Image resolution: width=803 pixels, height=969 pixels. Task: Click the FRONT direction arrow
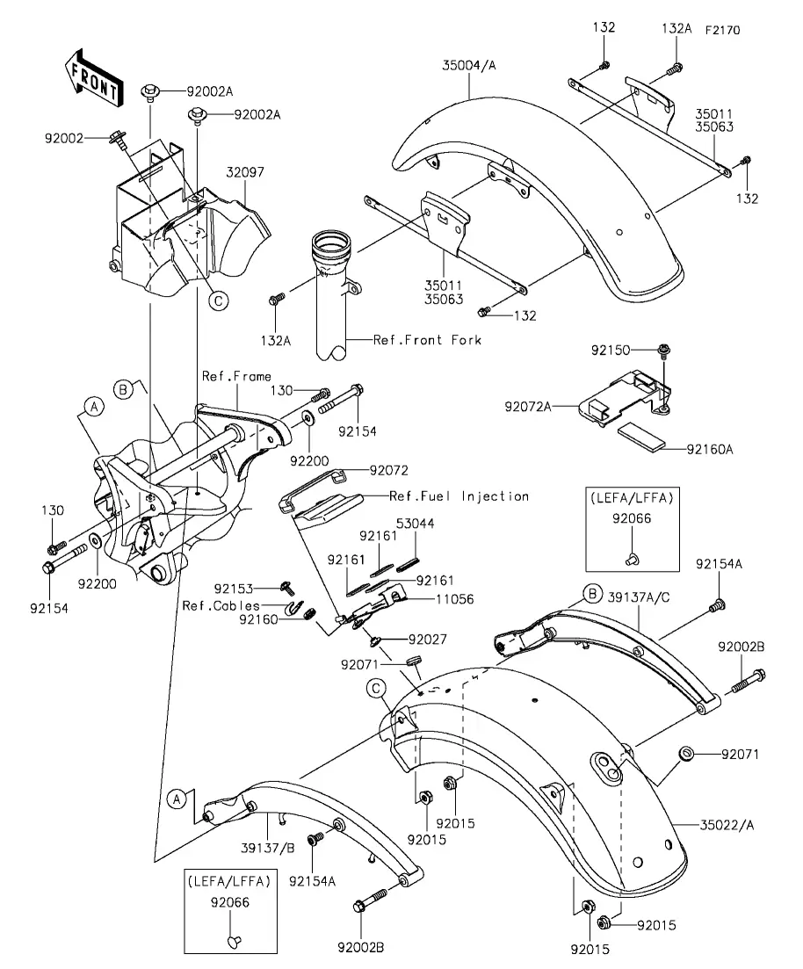(x=94, y=78)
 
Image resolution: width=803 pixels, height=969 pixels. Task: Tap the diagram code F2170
(x=722, y=30)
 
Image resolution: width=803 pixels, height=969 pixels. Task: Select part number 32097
(x=245, y=172)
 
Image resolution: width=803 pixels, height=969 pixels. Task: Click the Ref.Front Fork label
(x=427, y=340)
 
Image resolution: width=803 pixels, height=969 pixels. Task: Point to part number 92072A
(x=528, y=407)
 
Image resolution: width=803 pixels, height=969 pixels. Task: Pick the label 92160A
(x=710, y=449)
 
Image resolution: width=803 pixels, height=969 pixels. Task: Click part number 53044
(x=415, y=524)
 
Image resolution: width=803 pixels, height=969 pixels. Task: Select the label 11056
(x=455, y=599)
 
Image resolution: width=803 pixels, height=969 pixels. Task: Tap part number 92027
(x=427, y=639)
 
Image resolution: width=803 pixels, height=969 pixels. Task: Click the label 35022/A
(x=727, y=824)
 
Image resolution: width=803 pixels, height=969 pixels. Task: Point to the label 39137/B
(x=268, y=848)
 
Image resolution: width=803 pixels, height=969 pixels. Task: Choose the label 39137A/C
(x=639, y=597)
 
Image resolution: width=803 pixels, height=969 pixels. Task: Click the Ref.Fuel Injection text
(x=459, y=496)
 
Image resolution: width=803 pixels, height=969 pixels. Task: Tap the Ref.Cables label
(x=221, y=605)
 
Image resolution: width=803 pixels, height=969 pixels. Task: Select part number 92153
(x=234, y=589)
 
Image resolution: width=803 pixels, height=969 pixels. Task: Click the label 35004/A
(x=469, y=65)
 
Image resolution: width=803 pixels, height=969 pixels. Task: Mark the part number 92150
(x=610, y=351)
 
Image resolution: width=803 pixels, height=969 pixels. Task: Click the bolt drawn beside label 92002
(x=118, y=141)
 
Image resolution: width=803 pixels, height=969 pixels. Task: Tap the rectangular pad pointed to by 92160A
(x=641, y=435)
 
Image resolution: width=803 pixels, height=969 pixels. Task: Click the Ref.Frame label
(x=236, y=376)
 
